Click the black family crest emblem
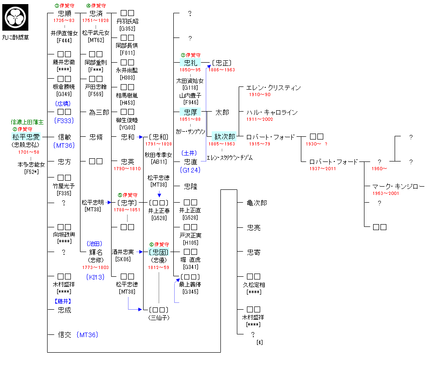(x=16, y=16)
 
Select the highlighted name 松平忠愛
(x=26, y=136)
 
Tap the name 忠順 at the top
(x=64, y=14)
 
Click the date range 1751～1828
(x=96, y=21)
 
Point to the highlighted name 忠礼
(x=190, y=63)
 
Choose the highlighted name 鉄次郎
(x=224, y=136)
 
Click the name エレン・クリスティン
(x=273, y=87)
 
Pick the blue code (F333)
(x=64, y=121)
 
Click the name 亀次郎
(x=257, y=203)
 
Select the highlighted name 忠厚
(x=190, y=112)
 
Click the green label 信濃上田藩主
(x=27, y=122)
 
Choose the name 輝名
(x=96, y=252)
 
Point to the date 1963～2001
(x=386, y=193)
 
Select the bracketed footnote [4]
(x=259, y=342)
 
